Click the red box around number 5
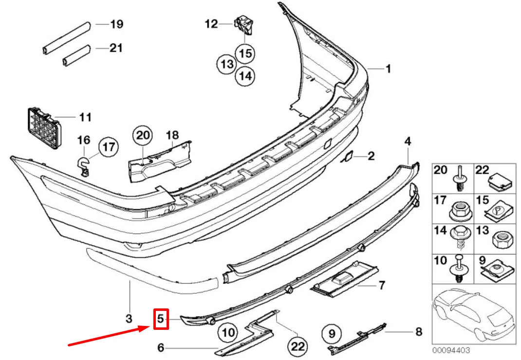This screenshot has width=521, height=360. click(161, 319)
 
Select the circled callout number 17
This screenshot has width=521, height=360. click(108, 146)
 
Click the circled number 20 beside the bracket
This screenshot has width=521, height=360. click(144, 136)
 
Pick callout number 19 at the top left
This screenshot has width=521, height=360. click(117, 24)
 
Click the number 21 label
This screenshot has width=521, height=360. click(116, 48)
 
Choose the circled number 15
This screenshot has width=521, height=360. click(246, 54)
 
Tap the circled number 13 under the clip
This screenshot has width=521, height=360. click(226, 64)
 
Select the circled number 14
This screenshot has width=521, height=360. click(246, 75)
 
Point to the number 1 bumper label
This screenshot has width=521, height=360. click(388, 69)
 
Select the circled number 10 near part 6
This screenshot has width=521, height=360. click(227, 333)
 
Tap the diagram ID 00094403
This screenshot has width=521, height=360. click(450, 349)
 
